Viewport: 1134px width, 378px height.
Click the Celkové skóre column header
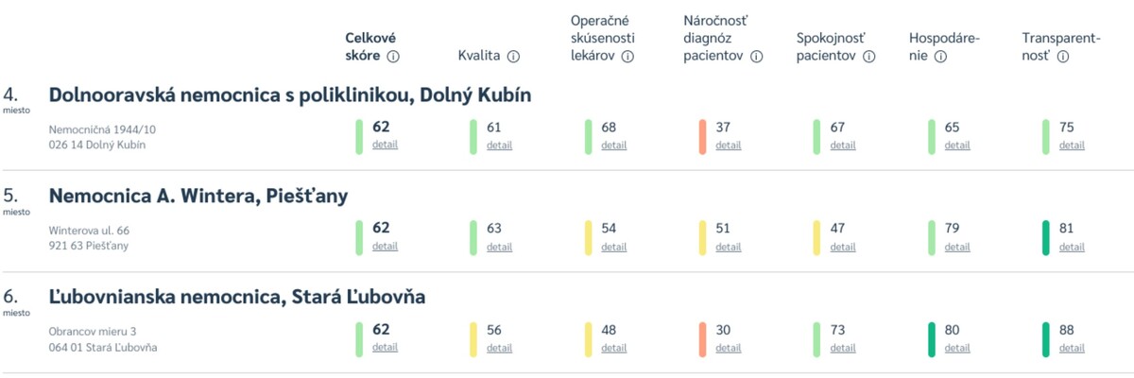click(369, 47)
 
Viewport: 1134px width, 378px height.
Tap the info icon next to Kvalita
click(513, 57)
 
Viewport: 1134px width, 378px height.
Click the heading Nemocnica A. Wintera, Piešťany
click(198, 197)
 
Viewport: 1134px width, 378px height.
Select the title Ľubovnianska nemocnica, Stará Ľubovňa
click(236, 298)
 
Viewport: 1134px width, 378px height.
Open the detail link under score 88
click(1072, 348)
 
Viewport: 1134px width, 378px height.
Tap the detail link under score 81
click(1072, 247)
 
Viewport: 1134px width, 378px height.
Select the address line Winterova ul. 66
click(89, 230)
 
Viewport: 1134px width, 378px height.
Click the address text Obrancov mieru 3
click(93, 331)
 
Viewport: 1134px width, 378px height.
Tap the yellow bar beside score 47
click(817, 238)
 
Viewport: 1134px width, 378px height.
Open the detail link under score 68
click(613, 146)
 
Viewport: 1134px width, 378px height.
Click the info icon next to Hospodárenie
click(940, 57)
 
